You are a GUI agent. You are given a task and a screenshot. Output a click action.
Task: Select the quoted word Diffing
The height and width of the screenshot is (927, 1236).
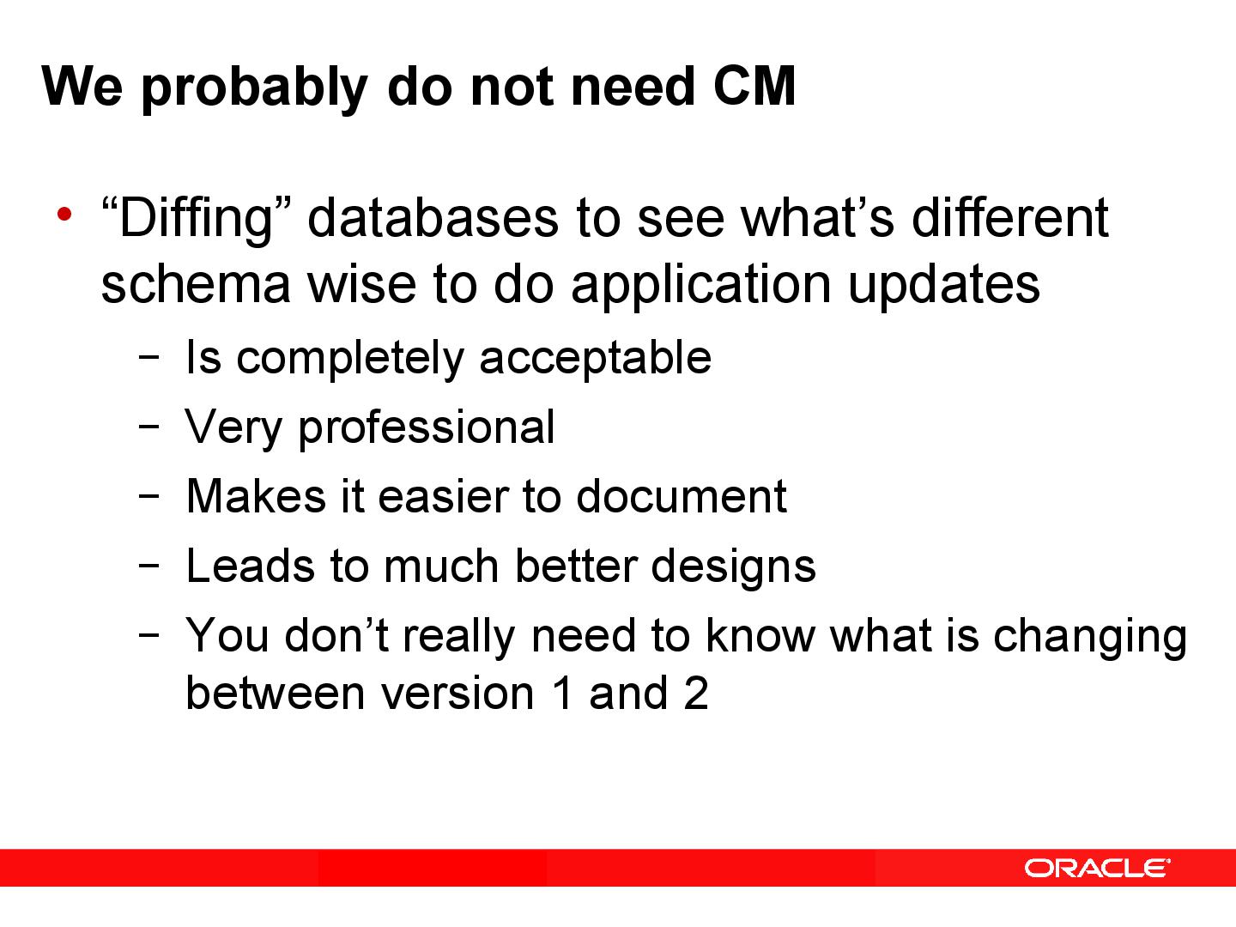(x=197, y=218)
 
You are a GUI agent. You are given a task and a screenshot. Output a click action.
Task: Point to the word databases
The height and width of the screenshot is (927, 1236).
(x=433, y=218)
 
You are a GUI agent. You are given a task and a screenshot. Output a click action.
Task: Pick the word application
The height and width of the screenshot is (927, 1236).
(x=700, y=286)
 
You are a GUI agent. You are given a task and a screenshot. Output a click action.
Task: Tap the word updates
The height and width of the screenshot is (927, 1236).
(x=943, y=286)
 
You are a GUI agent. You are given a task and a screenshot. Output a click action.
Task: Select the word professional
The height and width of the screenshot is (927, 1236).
(x=427, y=427)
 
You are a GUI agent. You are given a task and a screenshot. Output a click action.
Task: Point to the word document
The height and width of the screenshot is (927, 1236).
(x=681, y=496)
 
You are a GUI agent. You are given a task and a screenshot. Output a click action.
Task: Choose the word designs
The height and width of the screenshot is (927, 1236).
(x=733, y=566)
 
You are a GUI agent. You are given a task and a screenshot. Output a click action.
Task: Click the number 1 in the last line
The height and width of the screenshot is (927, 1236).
(x=562, y=693)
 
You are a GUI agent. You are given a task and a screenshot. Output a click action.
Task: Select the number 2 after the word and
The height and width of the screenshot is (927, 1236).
(x=695, y=693)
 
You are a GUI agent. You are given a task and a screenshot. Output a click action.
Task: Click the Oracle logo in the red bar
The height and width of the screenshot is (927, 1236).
(x=1096, y=868)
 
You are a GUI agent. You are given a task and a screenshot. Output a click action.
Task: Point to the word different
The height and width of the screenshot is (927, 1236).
(x=1009, y=218)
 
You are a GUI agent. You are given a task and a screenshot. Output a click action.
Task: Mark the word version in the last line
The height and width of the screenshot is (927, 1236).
(x=457, y=693)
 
